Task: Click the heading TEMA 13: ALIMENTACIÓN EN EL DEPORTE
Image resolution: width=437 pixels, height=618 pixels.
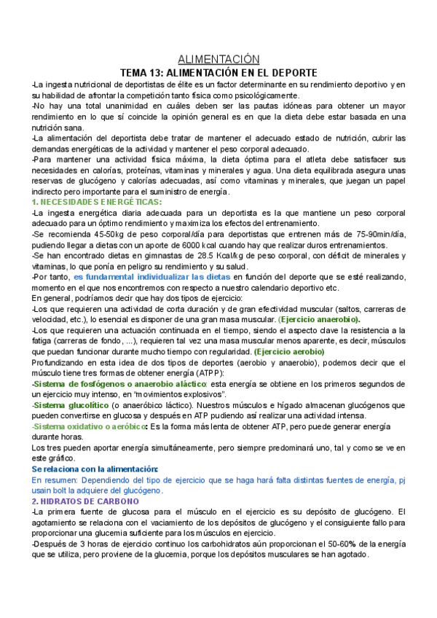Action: pos(219,73)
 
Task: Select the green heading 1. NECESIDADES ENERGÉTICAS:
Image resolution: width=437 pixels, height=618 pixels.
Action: pos(97,201)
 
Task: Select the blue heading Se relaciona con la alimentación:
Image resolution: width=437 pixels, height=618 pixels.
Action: pos(95,470)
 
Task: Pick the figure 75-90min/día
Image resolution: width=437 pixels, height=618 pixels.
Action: pos(379,233)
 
